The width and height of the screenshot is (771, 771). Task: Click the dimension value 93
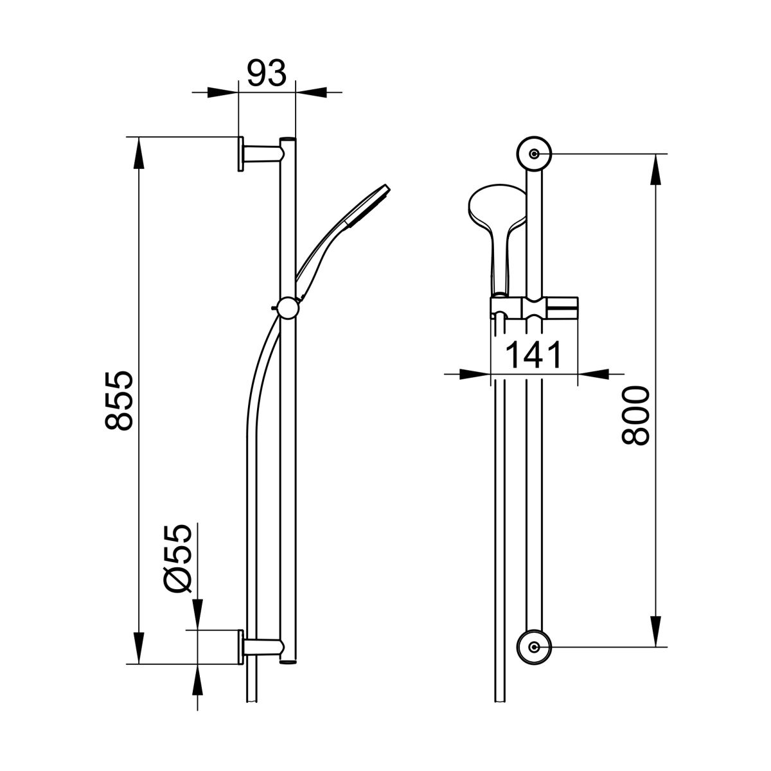(x=267, y=73)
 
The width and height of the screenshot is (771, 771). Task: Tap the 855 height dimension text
(x=119, y=400)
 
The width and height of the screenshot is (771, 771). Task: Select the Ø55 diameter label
(x=177, y=558)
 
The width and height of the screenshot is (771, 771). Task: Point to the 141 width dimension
(x=534, y=355)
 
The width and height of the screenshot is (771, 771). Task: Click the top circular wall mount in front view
(x=534, y=154)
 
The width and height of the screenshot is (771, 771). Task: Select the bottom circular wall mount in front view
(x=534, y=658)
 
